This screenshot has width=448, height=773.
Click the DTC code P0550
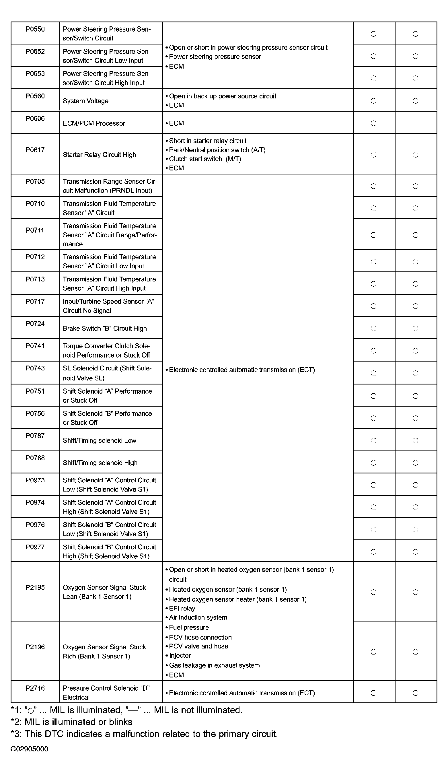click(35, 29)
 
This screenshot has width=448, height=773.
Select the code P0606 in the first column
click(35, 119)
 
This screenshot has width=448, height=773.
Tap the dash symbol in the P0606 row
click(415, 124)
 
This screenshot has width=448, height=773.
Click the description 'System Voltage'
click(85, 101)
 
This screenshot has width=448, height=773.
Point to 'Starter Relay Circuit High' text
click(99, 155)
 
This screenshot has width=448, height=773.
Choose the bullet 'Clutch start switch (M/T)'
click(205, 159)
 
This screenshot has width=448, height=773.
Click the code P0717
click(35, 301)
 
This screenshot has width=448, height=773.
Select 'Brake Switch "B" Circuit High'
click(105, 329)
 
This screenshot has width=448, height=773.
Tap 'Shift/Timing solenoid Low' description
click(99, 440)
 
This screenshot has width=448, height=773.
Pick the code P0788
click(35, 458)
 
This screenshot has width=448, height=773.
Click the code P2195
click(35, 587)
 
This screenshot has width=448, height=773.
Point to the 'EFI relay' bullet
click(182, 608)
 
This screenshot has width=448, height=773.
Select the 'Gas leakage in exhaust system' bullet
click(214, 665)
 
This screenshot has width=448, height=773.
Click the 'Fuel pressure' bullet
click(189, 627)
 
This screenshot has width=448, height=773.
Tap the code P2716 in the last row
click(35, 688)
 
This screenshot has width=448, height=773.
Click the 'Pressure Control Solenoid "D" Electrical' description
click(106, 693)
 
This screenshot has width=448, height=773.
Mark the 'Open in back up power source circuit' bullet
click(222, 96)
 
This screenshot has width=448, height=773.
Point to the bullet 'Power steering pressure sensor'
click(215, 57)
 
